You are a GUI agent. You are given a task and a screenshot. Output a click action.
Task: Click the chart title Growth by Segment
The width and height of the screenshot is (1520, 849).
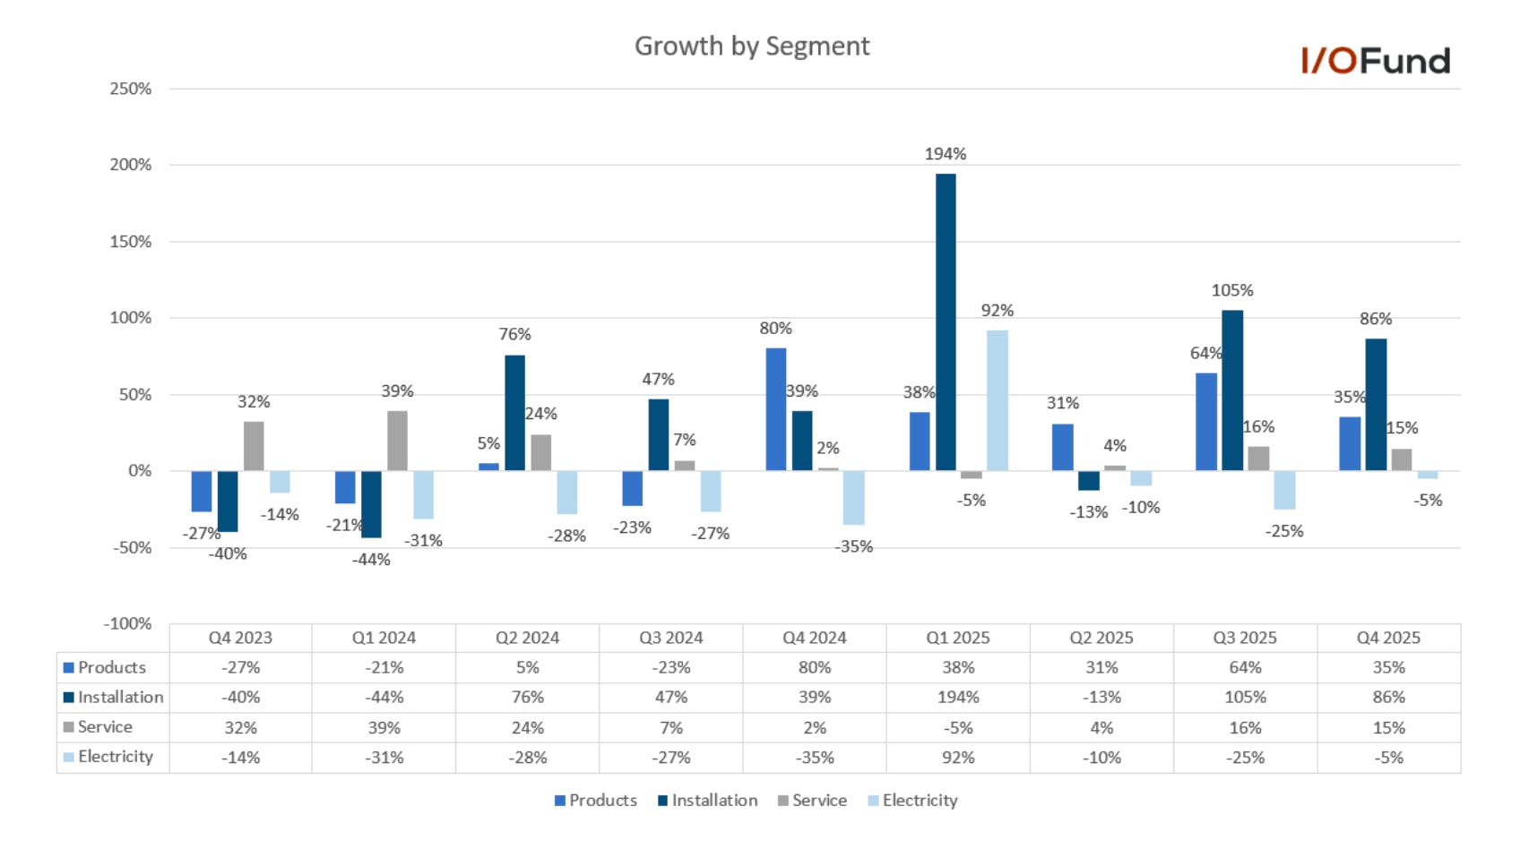(x=752, y=47)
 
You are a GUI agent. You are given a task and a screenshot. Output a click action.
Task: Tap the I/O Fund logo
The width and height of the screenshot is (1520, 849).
(x=1376, y=60)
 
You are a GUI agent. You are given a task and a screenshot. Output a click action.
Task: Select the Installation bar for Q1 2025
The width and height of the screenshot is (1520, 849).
(x=946, y=322)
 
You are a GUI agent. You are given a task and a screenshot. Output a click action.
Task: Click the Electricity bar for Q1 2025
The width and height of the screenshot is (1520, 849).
(x=997, y=400)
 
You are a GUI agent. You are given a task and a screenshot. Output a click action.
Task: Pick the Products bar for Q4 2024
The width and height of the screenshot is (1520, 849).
(x=775, y=409)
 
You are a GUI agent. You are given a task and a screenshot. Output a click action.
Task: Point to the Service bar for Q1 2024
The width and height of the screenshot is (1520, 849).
(x=397, y=441)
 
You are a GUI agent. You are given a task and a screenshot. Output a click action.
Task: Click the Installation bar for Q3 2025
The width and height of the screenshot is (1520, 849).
(x=1232, y=390)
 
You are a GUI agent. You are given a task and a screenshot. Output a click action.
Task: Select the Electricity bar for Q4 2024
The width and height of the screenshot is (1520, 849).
(x=853, y=498)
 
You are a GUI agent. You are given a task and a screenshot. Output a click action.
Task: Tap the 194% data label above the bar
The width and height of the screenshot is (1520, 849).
(x=946, y=154)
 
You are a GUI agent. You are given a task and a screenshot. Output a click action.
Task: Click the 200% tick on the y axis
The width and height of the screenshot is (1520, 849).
(x=130, y=165)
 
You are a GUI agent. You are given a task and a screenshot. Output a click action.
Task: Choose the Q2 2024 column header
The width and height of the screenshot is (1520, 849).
(x=527, y=639)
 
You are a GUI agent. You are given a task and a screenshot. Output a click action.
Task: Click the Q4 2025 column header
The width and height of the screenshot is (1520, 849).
(x=1388, y=639)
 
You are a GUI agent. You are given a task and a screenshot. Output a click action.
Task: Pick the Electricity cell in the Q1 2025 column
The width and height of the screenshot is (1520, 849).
(x=958, y=758)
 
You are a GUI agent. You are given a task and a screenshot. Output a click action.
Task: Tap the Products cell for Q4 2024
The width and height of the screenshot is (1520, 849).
(x=815, y=668)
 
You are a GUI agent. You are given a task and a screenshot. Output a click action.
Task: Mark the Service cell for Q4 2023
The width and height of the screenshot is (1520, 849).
(x=240, y=727)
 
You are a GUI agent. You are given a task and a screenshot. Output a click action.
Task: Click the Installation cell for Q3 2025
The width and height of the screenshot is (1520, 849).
(x=1245, y=697)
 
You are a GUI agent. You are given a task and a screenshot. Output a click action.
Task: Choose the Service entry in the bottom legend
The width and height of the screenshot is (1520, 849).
(x=812, y=800)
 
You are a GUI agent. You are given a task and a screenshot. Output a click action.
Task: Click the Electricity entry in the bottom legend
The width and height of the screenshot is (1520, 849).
(x=912, y=800)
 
